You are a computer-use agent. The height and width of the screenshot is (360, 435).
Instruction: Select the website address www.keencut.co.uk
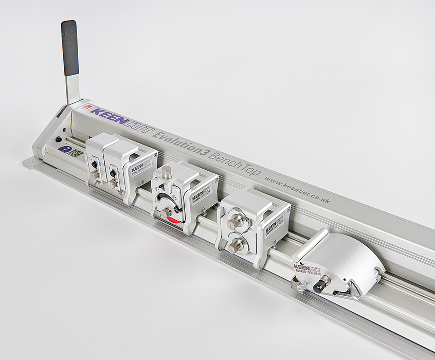[x=298, y=189]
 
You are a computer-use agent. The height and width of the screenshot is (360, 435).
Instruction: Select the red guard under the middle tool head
[x=172, y=220]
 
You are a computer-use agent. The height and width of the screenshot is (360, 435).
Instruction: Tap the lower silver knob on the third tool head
[x=235, y=246]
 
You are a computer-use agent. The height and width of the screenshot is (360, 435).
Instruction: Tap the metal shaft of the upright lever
[x=73, y=87]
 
